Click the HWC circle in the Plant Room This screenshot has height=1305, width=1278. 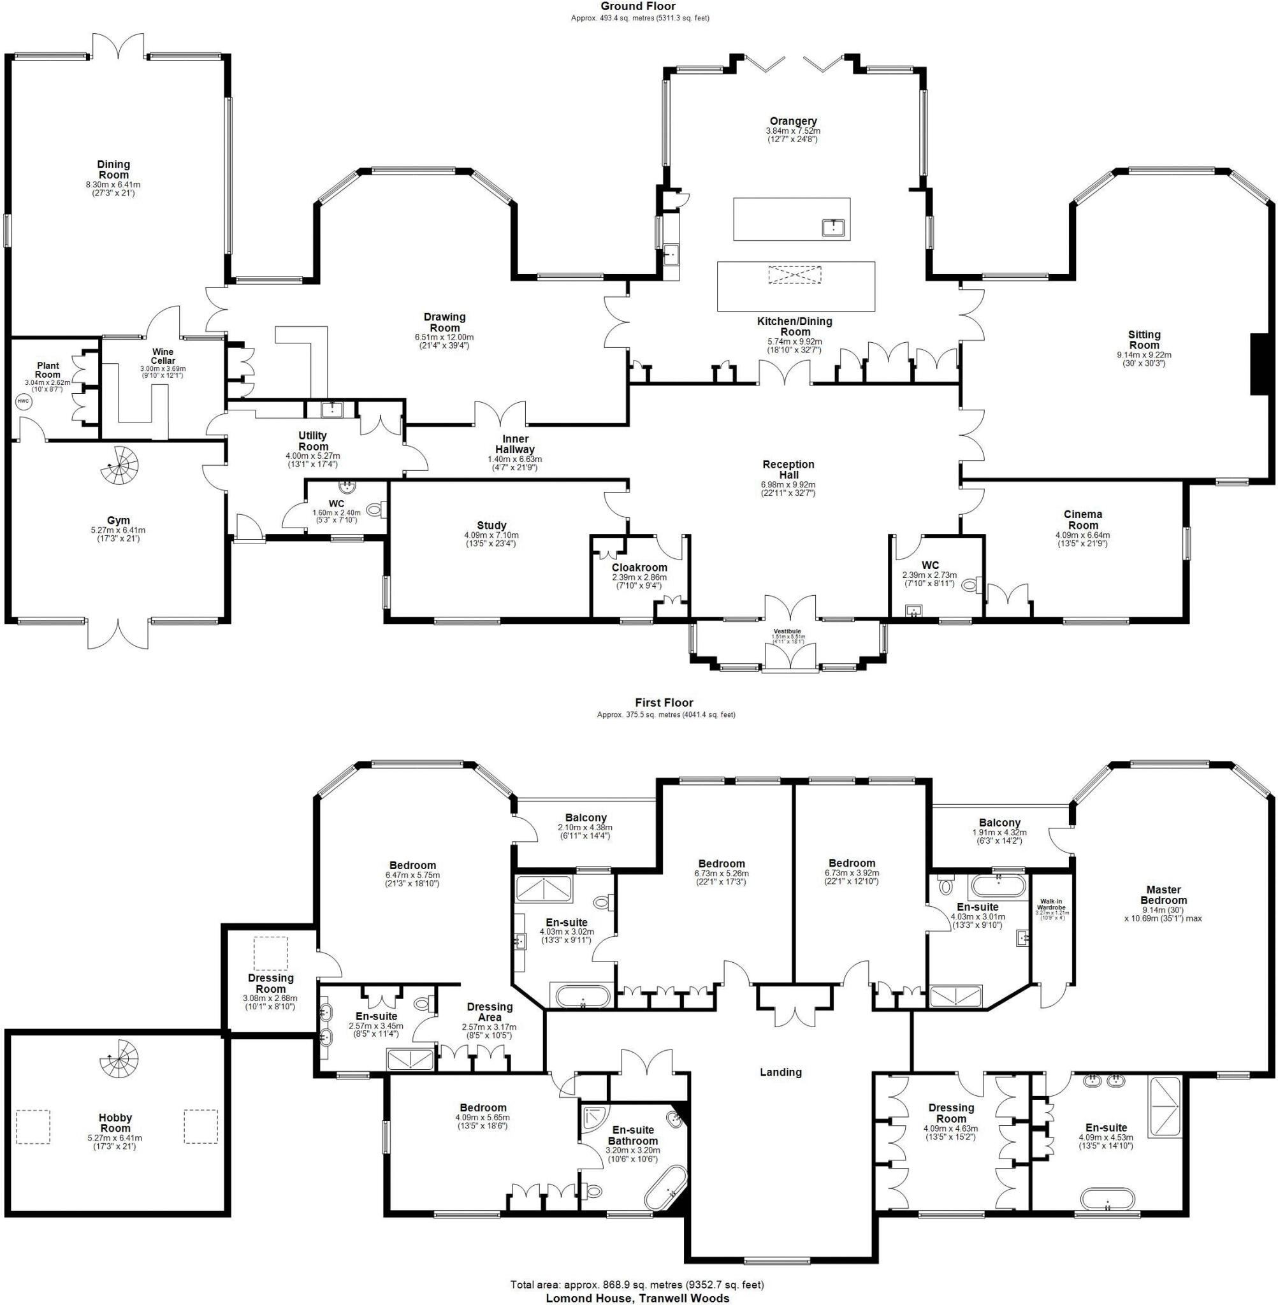pos(24,402)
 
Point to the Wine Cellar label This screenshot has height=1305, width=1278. pos(163,356)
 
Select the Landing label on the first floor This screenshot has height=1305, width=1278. pos(780,1072)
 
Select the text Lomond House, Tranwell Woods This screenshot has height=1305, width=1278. pos(638,1297)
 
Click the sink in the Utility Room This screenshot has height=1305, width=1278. pos(332,408)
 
